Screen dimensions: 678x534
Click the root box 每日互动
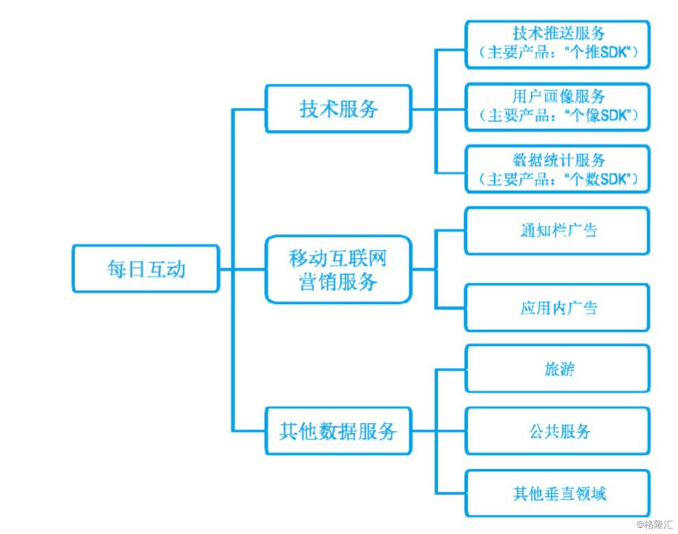pyautogui.click(x=145, y=268)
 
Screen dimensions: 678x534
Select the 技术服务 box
pyautogui.click(x=338, y=108)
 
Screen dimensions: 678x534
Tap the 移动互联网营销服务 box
pyautogui.click(x=338, y=269)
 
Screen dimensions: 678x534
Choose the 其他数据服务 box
pyautogui.click(x=338, y=430)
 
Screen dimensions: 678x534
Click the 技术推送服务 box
pyautogui.click(x=557, y=44)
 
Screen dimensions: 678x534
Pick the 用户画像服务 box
pyautogui.click(x=557, y=107)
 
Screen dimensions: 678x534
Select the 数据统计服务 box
pyautogui.click(x=557, y=169)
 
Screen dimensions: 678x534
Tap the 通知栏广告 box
pyautogui.click(x=557, y=231)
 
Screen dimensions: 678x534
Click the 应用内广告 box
pyautogui.click(x=557, y=307)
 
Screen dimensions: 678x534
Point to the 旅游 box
pyautogui.click(x=557, y=369)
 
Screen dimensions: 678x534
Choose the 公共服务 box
pyautogui.click(x=557, y=430)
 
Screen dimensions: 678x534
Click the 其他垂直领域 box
pyautogui.click(x=557, y=493)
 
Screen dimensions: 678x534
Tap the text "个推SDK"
pyautogui.click(x=598, y=52)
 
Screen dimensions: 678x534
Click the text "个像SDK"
pyautogui.click(x=598, y=115)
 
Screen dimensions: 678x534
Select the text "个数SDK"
pyautogui.click(x=598, y=178)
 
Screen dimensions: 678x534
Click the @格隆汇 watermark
pyautogui.click(x=654, y=524)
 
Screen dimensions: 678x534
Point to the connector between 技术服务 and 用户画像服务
pyautogui.click(x=438, y=108)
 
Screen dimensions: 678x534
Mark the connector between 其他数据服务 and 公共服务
pyautogui.click(x=438, y=430)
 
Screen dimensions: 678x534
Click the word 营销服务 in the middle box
pyautogui.click(x=338, y=282)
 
